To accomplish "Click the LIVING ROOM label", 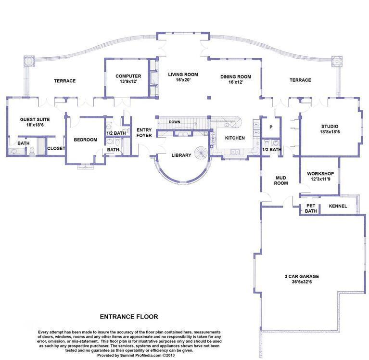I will [x=183, y=75].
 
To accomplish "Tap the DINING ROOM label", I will [x=236, y=77].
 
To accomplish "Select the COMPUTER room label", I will [x=128, y=76].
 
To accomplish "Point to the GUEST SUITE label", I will [x=35, y=119].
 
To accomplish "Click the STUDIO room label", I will [x=329, y=127].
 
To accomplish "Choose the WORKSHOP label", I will [x=320, y=173].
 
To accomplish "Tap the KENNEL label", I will [x=338, y=206].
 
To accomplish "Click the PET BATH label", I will [x=311, y=208].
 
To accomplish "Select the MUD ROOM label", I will [x=280, y=180].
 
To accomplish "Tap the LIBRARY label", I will [x=181, y=155].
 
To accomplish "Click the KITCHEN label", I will [x=235, y=138].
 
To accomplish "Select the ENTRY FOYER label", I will [x=144, y=132].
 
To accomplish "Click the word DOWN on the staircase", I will [x=175, y=122].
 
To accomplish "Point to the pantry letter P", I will [x=270, y=127].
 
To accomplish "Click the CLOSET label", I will [x=56, y=148].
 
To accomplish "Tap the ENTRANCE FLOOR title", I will [x=128, y=317].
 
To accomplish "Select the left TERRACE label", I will [x=64, y=81].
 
